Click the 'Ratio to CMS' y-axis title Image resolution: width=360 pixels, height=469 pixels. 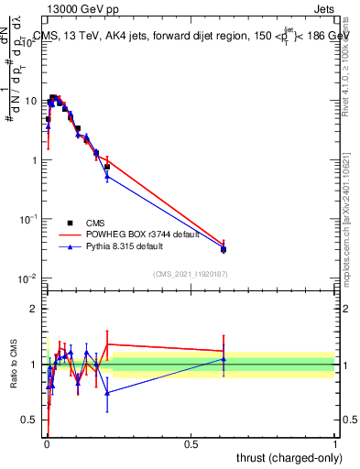click(x=15, y=365)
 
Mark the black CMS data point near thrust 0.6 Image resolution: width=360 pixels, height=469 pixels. click(x=224, y=249)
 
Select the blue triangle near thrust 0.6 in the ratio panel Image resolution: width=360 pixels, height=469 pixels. click(x=224, y=359)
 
